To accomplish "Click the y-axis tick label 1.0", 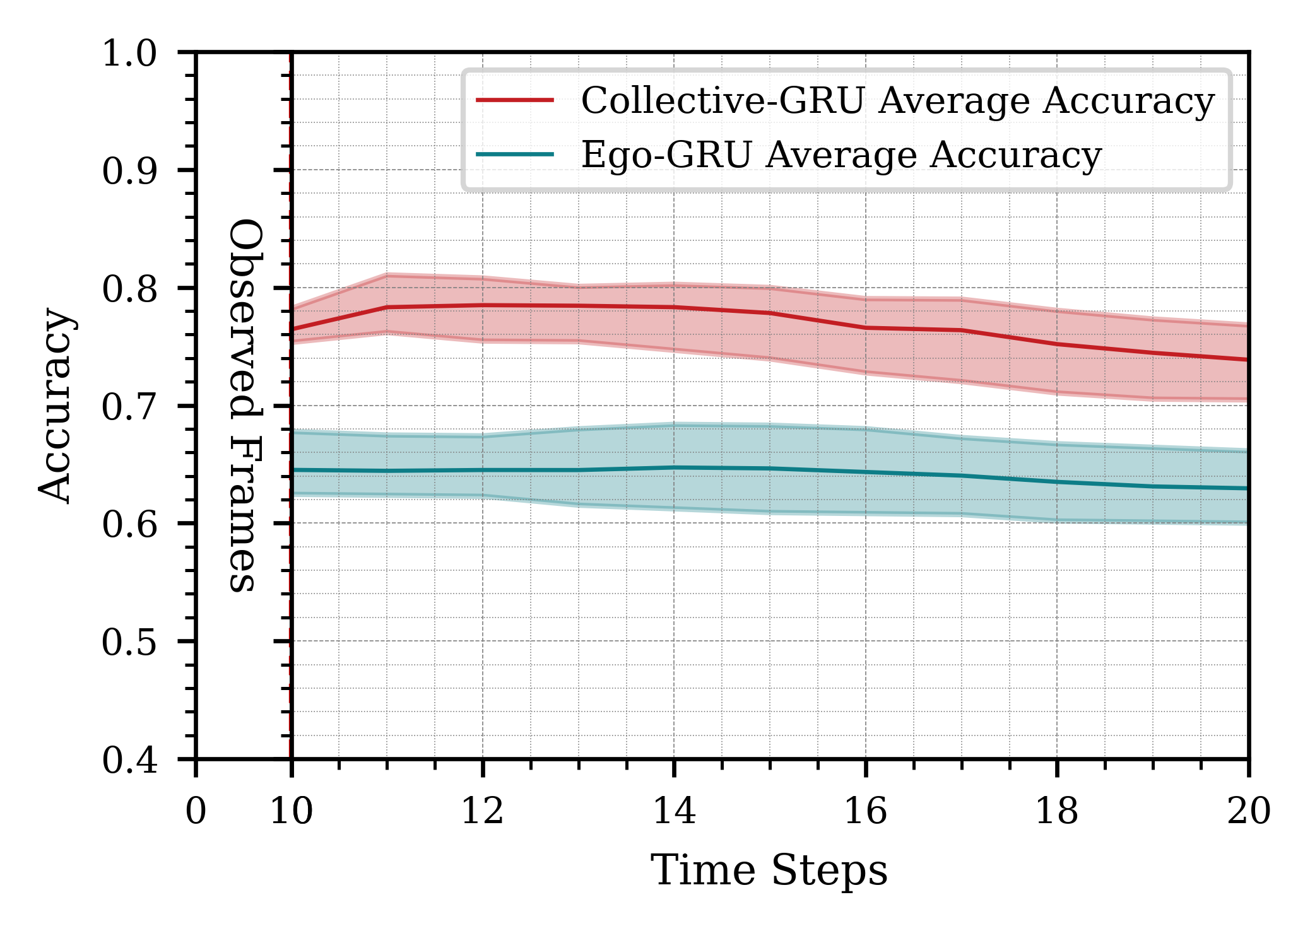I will pyautogui.click(x=129, y=54).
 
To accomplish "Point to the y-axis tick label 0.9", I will pyautogui.click(x=129, y=171).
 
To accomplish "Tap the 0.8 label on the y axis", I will pyautogui.click(x=129, y=290).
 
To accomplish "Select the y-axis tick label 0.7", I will pyautogui.click(x=129, y=407).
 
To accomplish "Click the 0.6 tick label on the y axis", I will pyautogui.click(x=129, y=524).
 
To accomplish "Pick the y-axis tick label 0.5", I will pyautogui.click(x=129, y=643).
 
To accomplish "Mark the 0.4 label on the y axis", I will pyautogui.click(x=129, y=761).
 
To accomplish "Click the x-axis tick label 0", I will pyautogui.click(x=196, y=811).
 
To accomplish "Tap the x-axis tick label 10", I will pyautogui.click(x=292, y=811).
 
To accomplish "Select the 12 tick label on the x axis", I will pyautogui.click(x=483, y=811).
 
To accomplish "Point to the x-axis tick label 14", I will pyautogui.click(x=674, y=811).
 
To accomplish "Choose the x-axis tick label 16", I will pyautogui.click(x=866, y=811).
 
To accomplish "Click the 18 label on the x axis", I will pyautogui.click(x=1057, y=811).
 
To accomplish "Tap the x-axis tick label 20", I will pyautogui.click(x=1248, y=811).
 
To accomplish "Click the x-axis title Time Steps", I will pyautogui.click(x=769, y=872).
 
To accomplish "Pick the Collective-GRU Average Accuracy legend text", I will pyautogui.click(x=897, y=101).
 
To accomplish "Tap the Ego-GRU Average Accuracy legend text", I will pyautogui.click(x=841, y=155).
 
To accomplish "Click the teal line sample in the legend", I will pyautogui.click(x=515, y=155).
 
